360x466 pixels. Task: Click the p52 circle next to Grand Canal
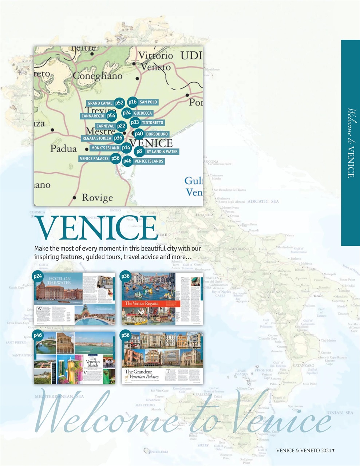tap(119, 103)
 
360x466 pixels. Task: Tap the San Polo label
tap(148, 102)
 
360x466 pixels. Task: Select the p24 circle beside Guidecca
tap(126, 113)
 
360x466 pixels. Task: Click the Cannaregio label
tap(93, 116)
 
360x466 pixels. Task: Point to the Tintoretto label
tap(153, 123)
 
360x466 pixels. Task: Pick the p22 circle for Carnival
tap(121, 126)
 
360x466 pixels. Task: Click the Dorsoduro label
tap(157, 134)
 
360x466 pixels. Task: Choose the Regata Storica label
tap(96, 138)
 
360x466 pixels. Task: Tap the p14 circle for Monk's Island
tap(126, 148)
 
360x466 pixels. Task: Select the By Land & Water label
tap(162, 151)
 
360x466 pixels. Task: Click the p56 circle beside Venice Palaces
tap(115, 158)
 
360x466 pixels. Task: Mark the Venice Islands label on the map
tap(149, 161)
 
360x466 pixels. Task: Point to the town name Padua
tap(63, 149)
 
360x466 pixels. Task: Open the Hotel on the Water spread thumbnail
tap(75, 299)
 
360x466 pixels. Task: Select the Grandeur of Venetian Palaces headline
tap(142, 374)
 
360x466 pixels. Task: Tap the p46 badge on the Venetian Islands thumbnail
tap(37, 335)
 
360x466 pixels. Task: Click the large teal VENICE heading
tap(96, 228)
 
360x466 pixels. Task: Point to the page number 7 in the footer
tap(333, 451)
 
